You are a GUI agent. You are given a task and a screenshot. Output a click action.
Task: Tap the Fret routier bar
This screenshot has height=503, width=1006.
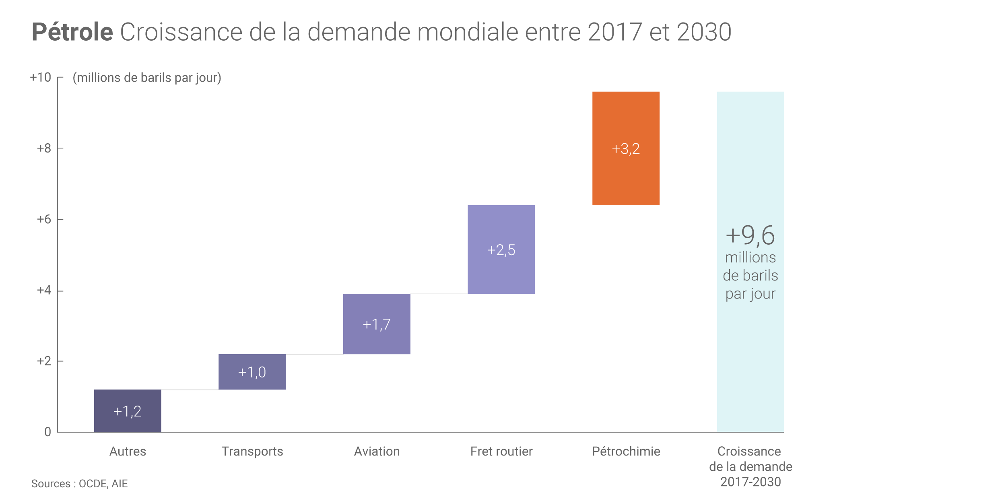501,274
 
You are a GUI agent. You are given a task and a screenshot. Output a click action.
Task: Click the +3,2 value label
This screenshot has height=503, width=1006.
626,149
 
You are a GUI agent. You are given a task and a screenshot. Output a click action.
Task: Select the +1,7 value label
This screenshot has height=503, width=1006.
377,324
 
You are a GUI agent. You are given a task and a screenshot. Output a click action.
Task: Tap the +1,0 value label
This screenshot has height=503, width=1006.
252,372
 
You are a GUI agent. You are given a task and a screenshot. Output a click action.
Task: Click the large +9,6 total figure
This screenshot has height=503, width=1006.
750,235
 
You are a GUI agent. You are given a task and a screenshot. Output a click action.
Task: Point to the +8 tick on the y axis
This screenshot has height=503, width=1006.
44,148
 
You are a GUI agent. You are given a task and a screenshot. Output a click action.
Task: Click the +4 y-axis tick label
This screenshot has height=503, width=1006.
44,290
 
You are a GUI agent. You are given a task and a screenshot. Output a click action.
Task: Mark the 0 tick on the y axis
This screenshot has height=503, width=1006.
48,432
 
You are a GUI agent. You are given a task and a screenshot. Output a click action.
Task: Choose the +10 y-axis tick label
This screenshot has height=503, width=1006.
41,77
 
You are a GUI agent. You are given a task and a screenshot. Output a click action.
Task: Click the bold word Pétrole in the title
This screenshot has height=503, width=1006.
72,32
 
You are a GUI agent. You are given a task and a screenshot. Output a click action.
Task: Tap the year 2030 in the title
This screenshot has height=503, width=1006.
704,32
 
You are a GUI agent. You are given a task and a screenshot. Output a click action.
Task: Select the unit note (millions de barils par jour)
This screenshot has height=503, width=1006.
147,78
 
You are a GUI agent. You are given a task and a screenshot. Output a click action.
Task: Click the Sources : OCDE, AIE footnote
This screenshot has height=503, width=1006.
79,484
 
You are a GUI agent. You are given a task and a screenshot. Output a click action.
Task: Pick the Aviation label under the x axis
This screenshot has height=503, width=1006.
377,451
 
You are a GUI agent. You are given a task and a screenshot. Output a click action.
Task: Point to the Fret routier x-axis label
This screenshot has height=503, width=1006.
501,451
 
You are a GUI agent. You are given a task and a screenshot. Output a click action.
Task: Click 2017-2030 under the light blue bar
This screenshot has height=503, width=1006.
750,482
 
